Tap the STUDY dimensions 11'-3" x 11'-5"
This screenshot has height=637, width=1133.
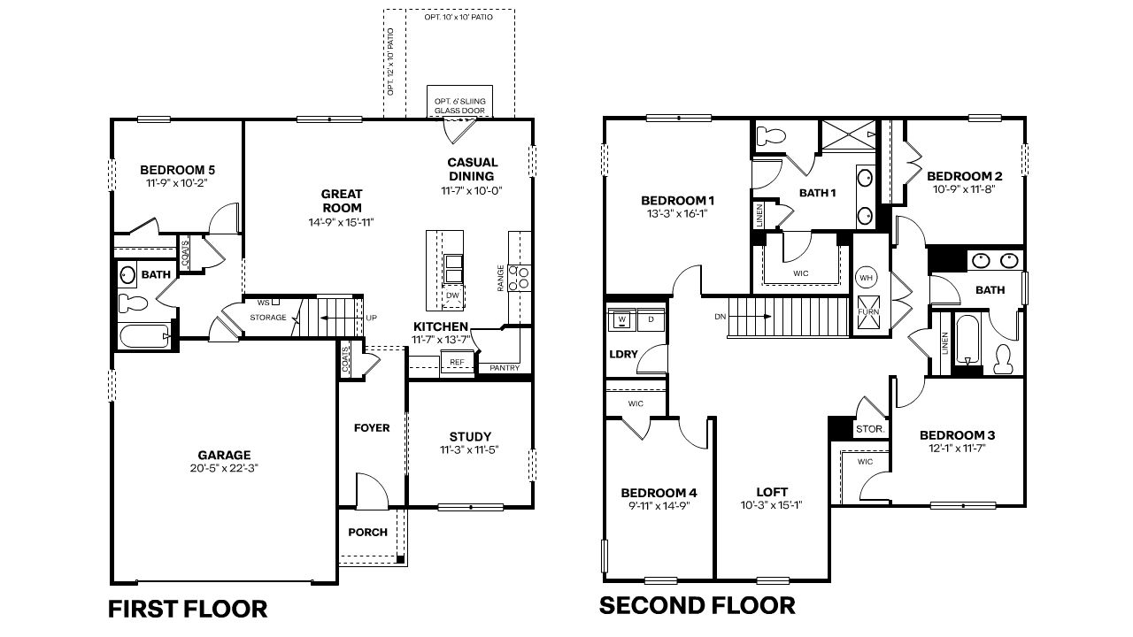pos(470,450)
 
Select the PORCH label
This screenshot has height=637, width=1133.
pos(367,532)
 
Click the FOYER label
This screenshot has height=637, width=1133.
pos(372,428)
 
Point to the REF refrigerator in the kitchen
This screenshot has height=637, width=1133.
pos(457,363)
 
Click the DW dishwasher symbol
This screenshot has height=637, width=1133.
pos(452,295)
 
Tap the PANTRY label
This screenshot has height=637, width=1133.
pos(505,368)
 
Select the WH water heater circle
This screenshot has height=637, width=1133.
pos(866,278)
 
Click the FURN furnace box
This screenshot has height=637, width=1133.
pos(867,313)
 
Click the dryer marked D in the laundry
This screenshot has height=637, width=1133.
pos(651,318)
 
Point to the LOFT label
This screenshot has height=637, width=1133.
pos(772,492)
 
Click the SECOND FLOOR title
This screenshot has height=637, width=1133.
pos(697,606)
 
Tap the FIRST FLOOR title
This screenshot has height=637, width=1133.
pos(187,609)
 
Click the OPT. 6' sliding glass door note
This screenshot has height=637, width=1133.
pos(459,105)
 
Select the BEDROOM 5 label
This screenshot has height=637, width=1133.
pos(178,170)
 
